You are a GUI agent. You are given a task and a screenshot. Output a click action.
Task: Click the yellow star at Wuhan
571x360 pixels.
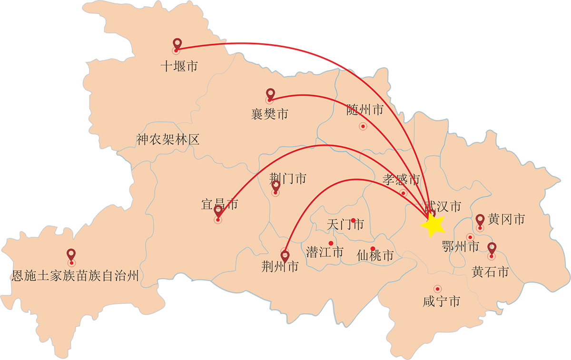point(433,224)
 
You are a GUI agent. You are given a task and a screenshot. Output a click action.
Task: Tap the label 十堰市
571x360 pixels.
point(178,67)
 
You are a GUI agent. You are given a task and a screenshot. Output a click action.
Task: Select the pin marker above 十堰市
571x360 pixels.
point(177,44)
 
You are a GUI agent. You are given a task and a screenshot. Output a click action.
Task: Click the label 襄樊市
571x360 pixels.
point(269,115)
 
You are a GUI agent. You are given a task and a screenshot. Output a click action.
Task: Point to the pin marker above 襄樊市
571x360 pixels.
point(270,94)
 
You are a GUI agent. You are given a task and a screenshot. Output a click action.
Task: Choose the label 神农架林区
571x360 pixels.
point(167,139)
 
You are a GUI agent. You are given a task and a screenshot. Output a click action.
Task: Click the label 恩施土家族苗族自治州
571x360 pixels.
point(75,276)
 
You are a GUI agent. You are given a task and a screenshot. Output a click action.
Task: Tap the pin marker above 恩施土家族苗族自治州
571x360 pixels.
point(71,255)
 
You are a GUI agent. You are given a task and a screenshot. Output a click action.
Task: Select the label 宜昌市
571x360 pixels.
point(219,204)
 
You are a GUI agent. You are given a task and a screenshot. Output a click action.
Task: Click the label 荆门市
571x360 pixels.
point(287,179)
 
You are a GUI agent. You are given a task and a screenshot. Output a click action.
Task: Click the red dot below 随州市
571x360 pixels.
point(363,126)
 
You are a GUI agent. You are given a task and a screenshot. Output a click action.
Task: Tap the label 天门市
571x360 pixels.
point(346,224)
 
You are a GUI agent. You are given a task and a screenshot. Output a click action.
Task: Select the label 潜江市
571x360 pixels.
point(325,252)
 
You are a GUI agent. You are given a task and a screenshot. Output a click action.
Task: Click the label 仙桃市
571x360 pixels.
point(375,256)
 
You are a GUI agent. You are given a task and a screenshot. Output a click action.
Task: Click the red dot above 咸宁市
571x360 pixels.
point(437,288)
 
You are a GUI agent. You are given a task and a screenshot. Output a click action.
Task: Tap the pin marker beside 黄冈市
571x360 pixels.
point(480,220)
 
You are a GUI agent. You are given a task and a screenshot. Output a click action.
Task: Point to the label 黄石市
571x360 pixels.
point(490,272)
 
